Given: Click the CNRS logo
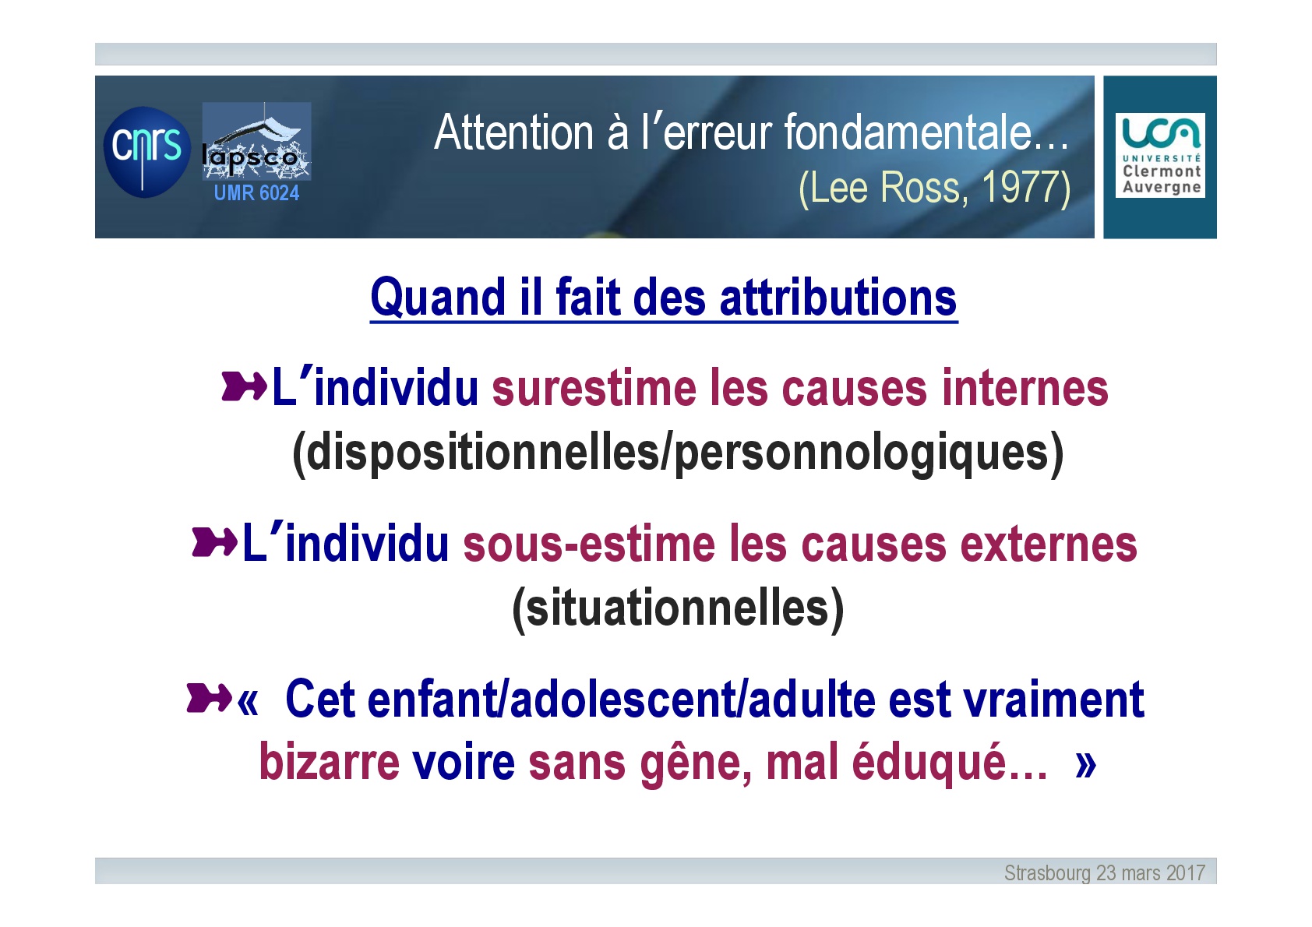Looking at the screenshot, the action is pos(146,152).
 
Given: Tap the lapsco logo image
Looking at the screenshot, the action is pos(256,141).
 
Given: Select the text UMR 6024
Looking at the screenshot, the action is pos(256,192).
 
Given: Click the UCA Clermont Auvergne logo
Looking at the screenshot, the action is pos(1160,155).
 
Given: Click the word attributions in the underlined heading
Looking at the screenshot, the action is pos(838,298).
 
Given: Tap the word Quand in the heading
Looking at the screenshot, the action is pos(438,298).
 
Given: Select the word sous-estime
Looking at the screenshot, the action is pos(589,545).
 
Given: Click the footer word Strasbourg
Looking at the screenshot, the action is pos(1047,873).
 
